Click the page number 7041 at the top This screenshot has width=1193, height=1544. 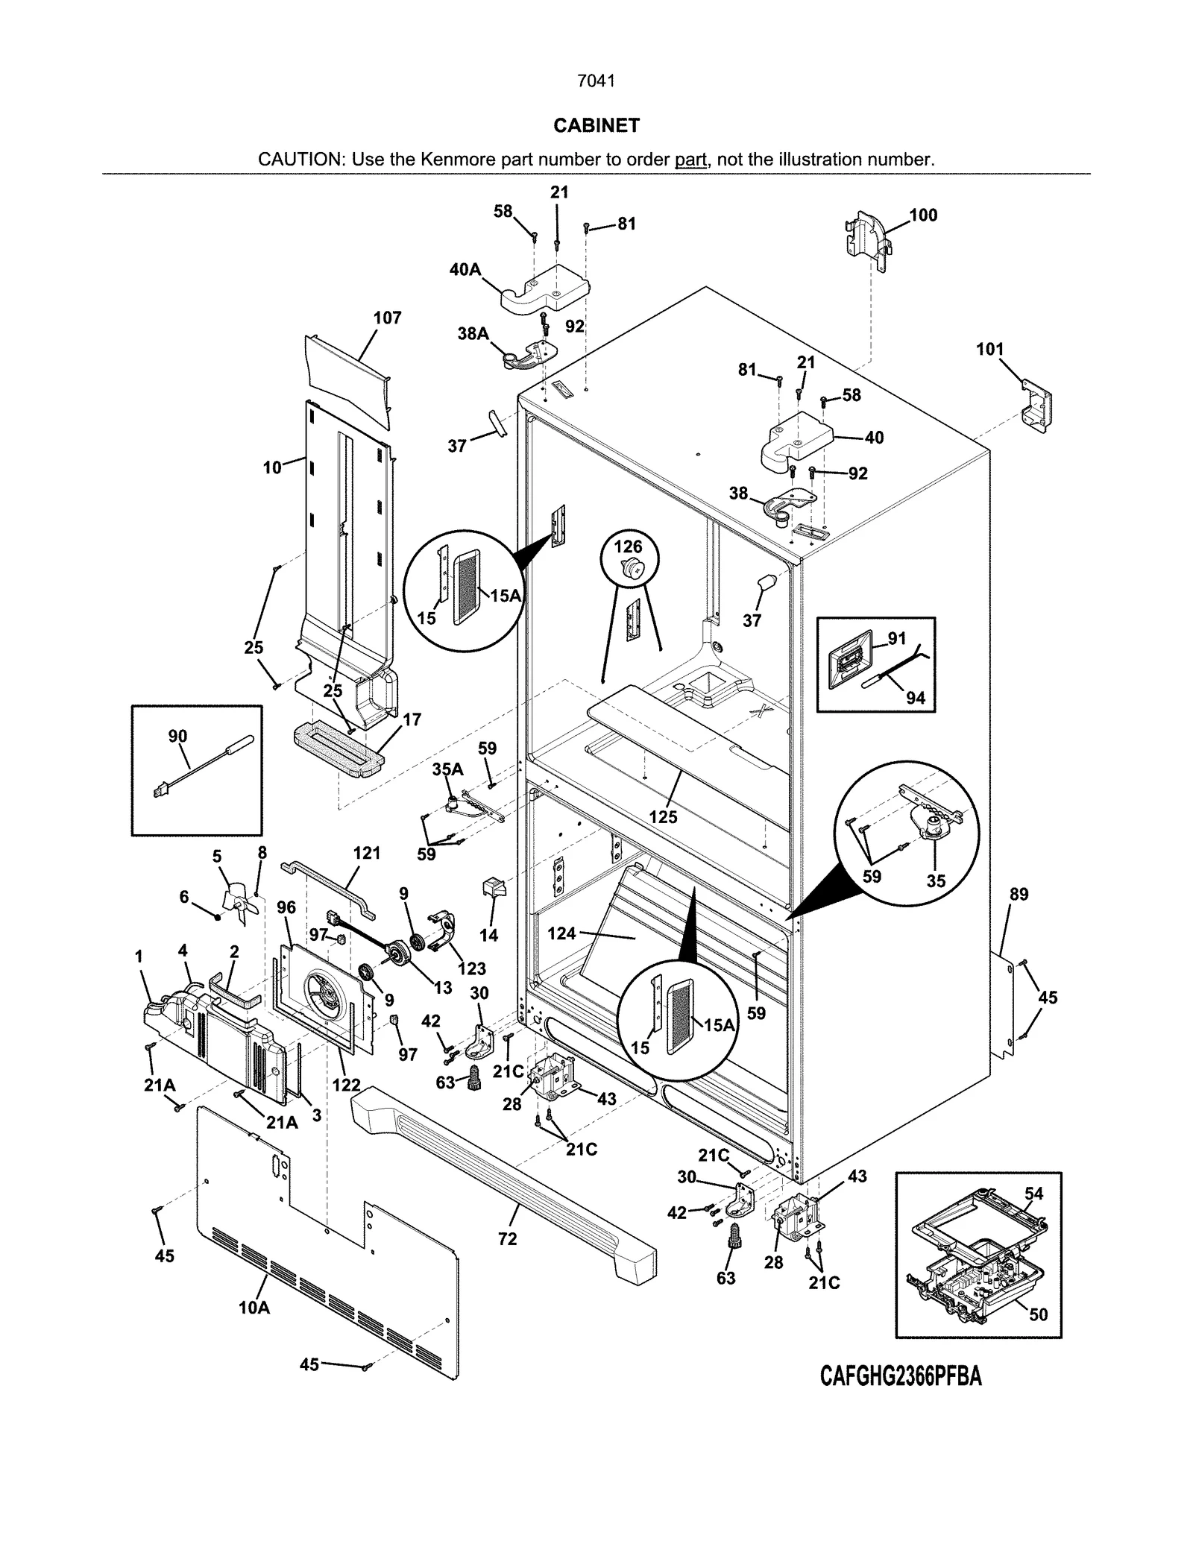pos(596,81)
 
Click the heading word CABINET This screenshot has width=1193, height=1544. pos(596,125)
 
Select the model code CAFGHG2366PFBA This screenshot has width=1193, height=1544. pos(901,1376)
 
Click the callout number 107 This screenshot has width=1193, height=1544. pos(387,318)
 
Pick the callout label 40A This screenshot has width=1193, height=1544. pos(465,269)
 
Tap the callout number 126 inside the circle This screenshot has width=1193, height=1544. pos(628,546)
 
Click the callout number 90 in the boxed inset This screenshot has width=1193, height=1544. pos(177,736)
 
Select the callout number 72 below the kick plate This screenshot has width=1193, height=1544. pos(508,1239)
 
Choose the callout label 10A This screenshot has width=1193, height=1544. pos(254,1307)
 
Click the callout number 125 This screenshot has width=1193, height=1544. pos(663,816)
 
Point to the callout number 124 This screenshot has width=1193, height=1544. pos(561,933)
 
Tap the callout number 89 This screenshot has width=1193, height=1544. pos(1019,894)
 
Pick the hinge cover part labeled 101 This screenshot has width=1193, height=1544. pos(1036,406)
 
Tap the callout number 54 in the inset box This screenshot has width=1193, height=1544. pos(1033,1194)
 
